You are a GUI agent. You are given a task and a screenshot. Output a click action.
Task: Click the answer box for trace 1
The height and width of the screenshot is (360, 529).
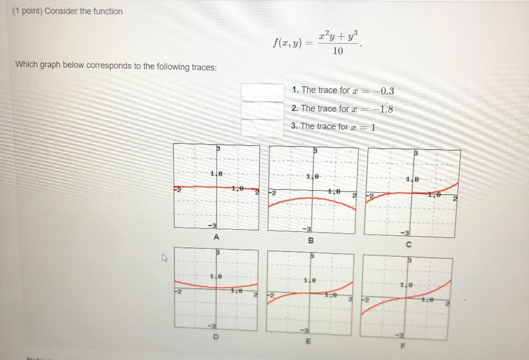[262, 92]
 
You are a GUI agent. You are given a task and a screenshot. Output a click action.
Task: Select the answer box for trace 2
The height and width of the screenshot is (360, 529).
[262, 109]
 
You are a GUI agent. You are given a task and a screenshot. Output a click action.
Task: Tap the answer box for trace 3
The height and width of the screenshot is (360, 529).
[262, 128]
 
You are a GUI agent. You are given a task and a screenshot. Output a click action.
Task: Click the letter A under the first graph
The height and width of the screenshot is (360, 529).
[216, 237]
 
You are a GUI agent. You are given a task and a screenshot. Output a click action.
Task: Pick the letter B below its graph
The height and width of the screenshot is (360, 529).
[310, 240]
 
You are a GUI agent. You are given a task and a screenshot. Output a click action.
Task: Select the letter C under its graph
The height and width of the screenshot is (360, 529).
[409, 244]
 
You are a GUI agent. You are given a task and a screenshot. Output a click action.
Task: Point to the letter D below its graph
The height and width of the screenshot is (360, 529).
[215, 337]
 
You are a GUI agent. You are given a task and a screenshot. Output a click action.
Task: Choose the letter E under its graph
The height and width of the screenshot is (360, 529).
[308, 341]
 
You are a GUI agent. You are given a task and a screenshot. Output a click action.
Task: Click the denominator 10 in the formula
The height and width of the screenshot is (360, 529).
[338, 51]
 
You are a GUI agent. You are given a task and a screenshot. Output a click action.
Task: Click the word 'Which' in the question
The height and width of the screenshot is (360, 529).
[26, 65]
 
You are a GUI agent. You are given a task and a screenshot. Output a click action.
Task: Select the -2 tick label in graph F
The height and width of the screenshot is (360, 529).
[366, 300]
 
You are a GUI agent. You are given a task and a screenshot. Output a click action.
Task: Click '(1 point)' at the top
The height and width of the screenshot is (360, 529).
[27, 11]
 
